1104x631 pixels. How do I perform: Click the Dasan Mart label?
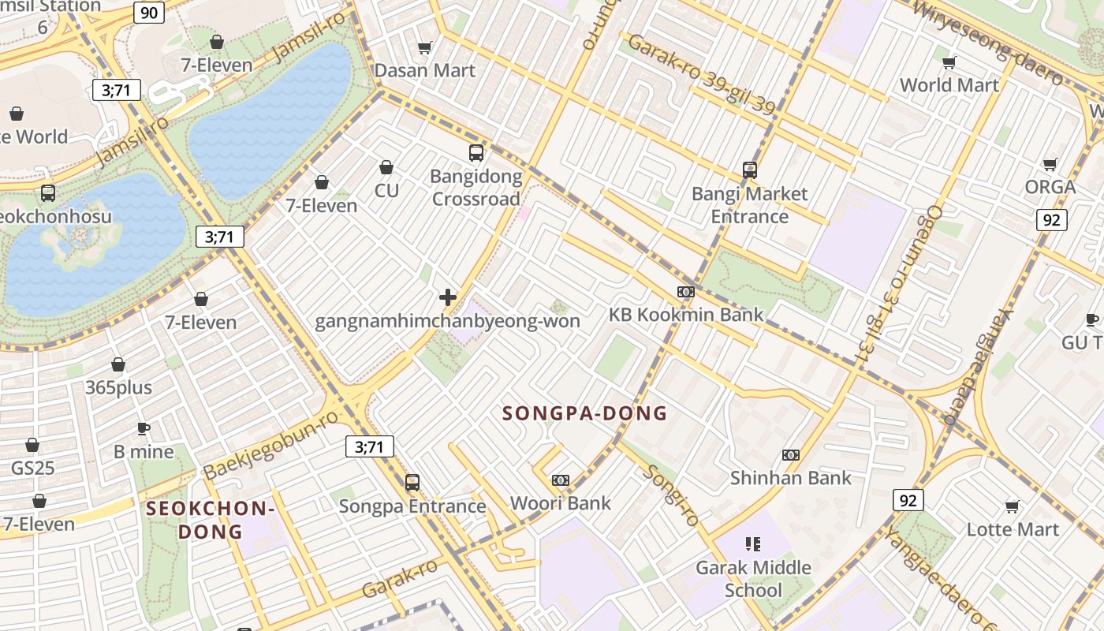click(424, 70)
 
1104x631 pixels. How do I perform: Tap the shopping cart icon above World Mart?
click(949, 62)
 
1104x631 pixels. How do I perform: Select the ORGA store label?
click(1050, 187)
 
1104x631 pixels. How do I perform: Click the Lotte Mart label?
click(1013, 528)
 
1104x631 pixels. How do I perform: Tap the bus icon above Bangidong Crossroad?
click(476, 153)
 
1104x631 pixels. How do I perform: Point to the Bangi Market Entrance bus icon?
click(749, 170)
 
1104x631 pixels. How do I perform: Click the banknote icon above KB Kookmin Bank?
click(685, 292)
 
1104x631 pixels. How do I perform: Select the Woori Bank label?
click(560, 503)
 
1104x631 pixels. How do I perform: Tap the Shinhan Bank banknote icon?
click(790, 455)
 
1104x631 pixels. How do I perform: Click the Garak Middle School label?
click(753, 578)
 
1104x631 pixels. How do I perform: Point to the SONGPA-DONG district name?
click(584, 413)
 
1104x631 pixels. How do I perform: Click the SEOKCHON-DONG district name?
click(210, 520)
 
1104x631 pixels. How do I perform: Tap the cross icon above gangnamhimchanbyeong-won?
click(448, 297)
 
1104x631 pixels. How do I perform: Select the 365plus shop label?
click(118, 387)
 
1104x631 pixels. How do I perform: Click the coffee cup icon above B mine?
click(143, 428)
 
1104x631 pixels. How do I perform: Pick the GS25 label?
click(32, 468)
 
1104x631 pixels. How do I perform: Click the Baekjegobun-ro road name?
click(271, 445)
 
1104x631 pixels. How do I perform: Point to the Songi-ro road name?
click(670, 495)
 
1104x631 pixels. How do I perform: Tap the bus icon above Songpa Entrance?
click(412, 483)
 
